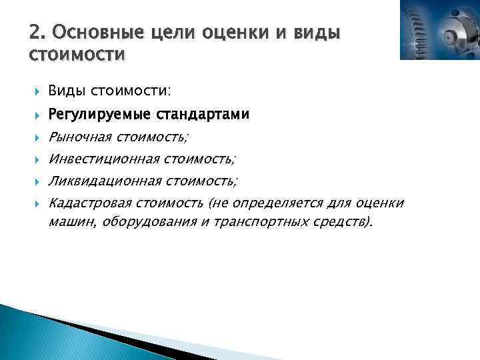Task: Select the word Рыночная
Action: tap(79, 137)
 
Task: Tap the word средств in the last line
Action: tap(341, 222)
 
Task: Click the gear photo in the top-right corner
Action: tap(439, 30)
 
